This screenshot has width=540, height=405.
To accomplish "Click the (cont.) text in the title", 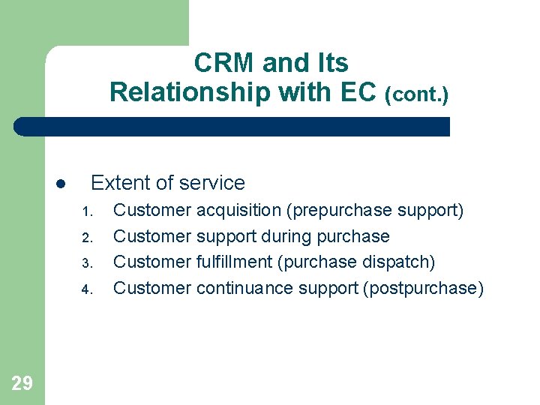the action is point(416,95).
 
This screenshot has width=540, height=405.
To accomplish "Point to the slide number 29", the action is point(22,384).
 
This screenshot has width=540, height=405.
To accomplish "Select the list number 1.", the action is point(86,211).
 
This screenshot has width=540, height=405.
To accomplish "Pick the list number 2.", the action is point(86,238).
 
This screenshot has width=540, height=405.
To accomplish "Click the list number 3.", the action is point(86,263).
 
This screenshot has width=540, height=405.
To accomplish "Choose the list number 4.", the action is point(86,289).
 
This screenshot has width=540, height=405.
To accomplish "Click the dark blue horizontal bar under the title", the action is point(232,127).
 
